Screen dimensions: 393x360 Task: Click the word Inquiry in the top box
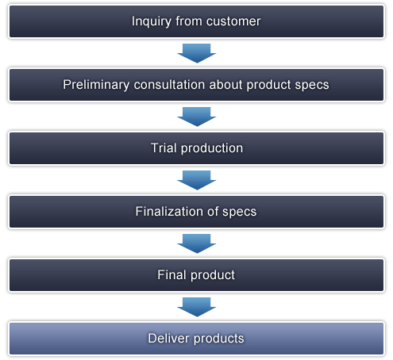[151, 21]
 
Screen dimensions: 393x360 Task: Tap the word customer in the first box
[233, 21]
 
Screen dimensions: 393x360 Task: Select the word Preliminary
[96, 85]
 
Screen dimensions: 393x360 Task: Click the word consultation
[169, 85]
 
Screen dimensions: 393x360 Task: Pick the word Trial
[164, 148]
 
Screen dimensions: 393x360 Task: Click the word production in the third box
[212, 148]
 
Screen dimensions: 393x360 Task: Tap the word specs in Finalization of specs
[239, 212]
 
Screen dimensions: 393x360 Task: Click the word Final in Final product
[171, 275]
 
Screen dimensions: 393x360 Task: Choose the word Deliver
[168, 339]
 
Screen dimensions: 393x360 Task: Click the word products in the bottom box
[219, 339]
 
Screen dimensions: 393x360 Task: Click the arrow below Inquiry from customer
[197, 53]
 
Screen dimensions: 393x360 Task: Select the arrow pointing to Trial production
[197, 117]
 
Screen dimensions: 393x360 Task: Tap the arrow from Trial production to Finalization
[197, 180]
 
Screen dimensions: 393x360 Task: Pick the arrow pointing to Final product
[197, 243]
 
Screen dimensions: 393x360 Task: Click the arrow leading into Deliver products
[197, 307]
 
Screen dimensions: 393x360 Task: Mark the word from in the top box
[188, 21]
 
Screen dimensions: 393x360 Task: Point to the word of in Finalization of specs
[213, 212]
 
